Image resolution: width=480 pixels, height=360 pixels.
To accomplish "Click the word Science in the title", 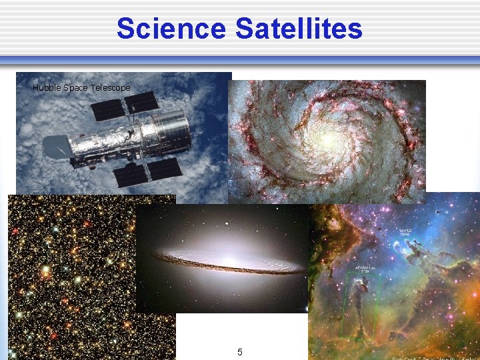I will click(x=171, y=29).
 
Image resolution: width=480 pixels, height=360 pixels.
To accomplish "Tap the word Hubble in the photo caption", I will click(x=46, y=88).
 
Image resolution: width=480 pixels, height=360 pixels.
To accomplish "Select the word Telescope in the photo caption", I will click(x=111, y=88).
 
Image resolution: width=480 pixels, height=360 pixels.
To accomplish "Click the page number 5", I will click(x=240, y=351).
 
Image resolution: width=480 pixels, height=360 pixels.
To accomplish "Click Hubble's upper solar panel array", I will click(x=125, y=107).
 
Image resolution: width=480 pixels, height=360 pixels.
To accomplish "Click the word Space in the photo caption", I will click(x=75, y=88).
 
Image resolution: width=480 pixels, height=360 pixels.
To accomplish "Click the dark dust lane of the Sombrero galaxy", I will click(x=227, y=268).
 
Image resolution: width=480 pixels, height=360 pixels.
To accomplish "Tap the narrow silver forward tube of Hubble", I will click(x=100, y=143).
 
